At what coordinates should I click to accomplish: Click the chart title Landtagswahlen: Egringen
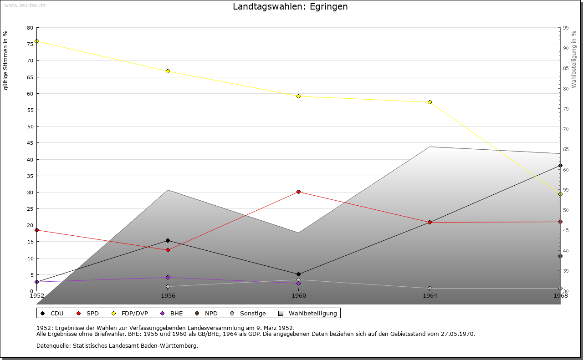290,6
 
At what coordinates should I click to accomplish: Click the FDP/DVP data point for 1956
168,71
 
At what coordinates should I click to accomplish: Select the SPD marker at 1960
298,192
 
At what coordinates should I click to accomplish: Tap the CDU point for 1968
560,165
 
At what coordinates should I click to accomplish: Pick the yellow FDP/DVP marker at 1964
430,102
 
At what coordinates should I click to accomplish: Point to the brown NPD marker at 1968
560,256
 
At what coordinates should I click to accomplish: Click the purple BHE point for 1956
168,277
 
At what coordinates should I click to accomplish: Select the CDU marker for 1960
298,274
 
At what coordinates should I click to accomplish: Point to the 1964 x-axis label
430,295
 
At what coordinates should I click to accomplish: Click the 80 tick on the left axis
30,28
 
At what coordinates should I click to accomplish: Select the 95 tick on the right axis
565,28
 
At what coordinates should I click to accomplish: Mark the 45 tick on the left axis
30,143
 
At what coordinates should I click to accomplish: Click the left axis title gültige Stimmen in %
5,60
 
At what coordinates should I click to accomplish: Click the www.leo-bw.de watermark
24,5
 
